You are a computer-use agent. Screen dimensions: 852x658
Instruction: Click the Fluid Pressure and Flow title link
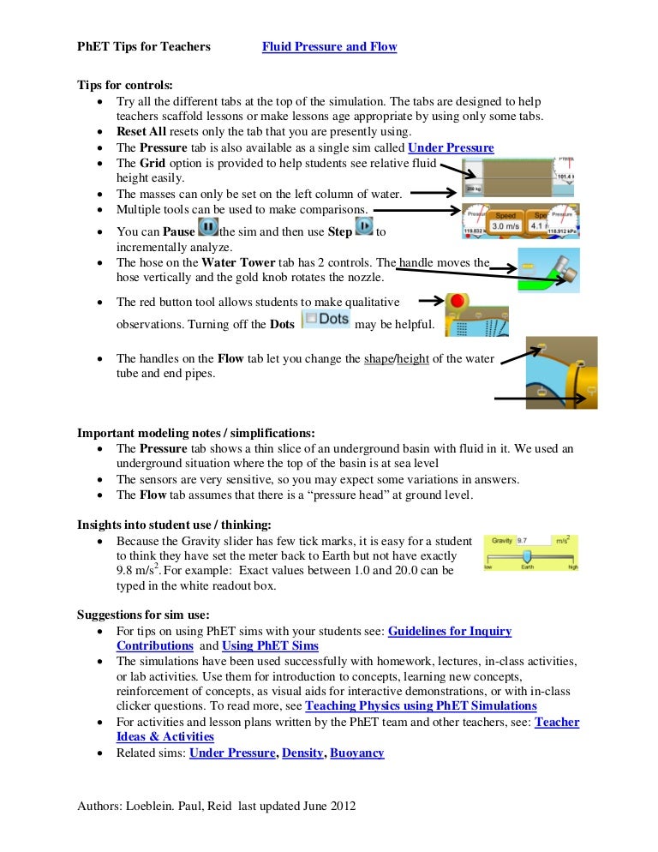329,46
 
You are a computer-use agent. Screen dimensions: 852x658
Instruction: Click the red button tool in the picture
457,303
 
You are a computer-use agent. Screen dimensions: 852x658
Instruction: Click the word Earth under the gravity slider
527,568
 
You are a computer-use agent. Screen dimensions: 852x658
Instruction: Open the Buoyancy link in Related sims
356,753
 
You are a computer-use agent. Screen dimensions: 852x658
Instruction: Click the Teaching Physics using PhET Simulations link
421,706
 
